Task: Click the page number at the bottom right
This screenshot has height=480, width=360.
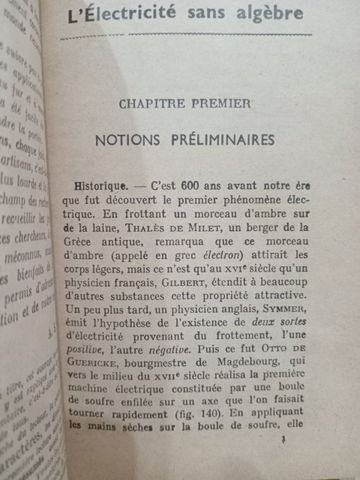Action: point(313,466)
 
